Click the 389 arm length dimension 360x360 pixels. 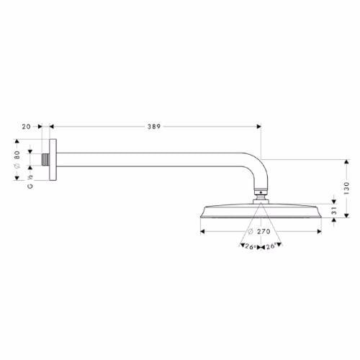point(153,125)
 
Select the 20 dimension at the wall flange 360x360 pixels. point(27,125)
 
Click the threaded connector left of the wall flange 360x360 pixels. point(46,160)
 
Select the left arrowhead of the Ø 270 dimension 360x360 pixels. point(202,232)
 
